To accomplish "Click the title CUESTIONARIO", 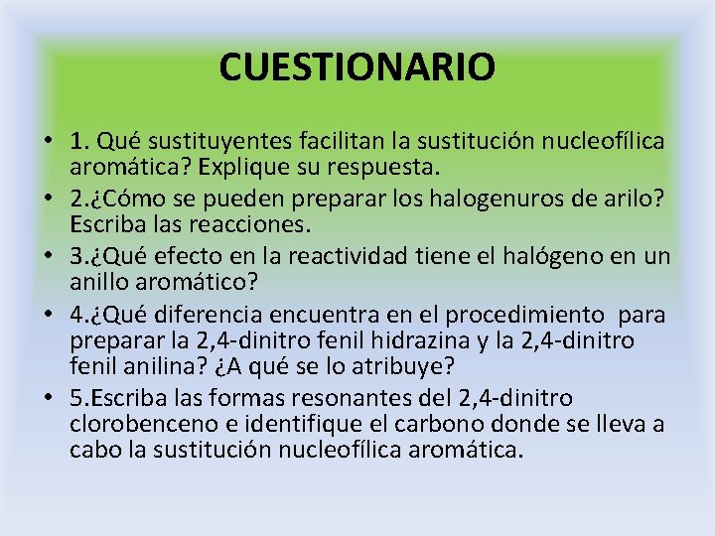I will tap(357, 67).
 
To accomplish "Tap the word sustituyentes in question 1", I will tap(204, 143).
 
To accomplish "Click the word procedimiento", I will tap(523, 315).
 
